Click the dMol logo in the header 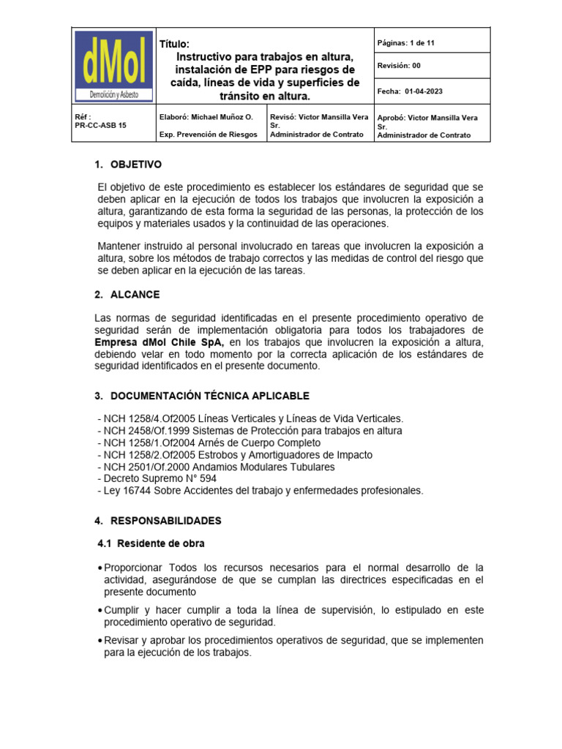click(x=114, y=67)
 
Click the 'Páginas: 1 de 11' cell click(x=405, y=43)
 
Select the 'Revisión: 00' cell click(x=399, y=66)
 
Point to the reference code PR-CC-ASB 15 click(x=101, y=125)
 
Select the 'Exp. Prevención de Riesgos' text click(x=208, y=135)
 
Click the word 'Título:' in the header click(x=174, y=44)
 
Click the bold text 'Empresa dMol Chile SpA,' click(x=160, y=342)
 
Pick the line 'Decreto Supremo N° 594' click(x=157, y=478)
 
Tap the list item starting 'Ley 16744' click(x=260, y=490)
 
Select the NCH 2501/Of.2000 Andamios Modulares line click(x=216, y=467)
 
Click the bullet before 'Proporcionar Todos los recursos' click(x=100, y=568)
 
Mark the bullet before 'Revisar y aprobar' click(x=100, y=641)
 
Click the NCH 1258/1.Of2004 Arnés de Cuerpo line click(x=209, y=443)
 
